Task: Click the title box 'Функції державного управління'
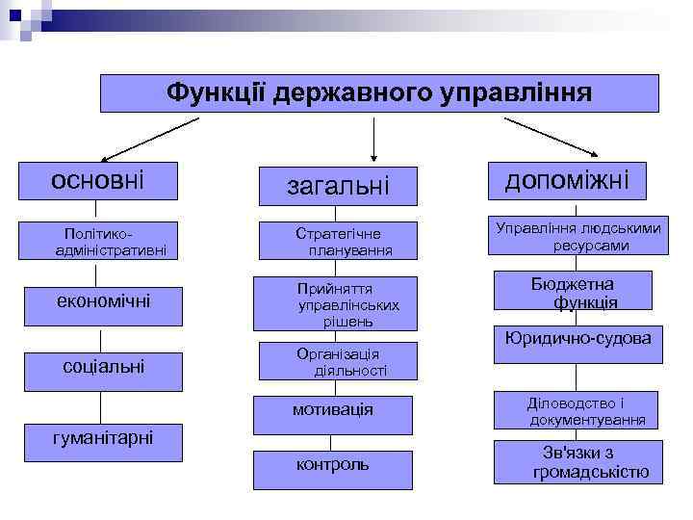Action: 379,93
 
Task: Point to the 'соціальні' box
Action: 102,366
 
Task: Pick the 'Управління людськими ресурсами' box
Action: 577,237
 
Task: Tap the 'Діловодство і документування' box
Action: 577,411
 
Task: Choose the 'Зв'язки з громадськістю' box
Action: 577,462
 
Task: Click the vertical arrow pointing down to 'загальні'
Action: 373,137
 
